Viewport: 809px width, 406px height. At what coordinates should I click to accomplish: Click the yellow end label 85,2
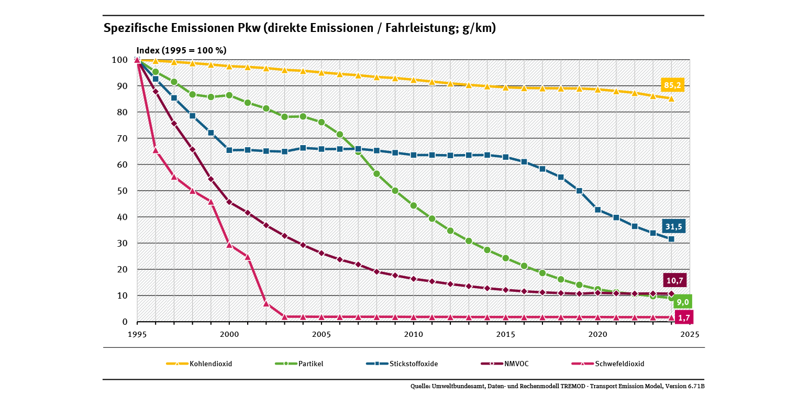point(673,85)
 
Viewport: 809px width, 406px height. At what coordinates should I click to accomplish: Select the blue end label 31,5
point(673,226)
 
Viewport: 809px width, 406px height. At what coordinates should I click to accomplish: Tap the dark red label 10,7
point(675,281)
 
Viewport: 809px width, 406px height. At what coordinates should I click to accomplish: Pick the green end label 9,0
point(683,302)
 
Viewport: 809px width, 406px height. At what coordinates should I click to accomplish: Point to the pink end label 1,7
point(683,317)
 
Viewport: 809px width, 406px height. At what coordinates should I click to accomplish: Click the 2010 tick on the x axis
point(414,334)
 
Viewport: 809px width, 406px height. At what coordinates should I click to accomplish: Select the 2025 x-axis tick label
point(690,334)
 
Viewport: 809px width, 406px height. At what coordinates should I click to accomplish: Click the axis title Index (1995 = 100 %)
point(181,51)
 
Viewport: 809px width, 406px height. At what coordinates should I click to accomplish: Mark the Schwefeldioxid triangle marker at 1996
point(156,150)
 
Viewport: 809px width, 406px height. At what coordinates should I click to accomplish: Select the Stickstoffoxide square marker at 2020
point(597,210)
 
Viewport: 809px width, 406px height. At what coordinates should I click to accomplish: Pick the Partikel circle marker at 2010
point(414,205)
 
